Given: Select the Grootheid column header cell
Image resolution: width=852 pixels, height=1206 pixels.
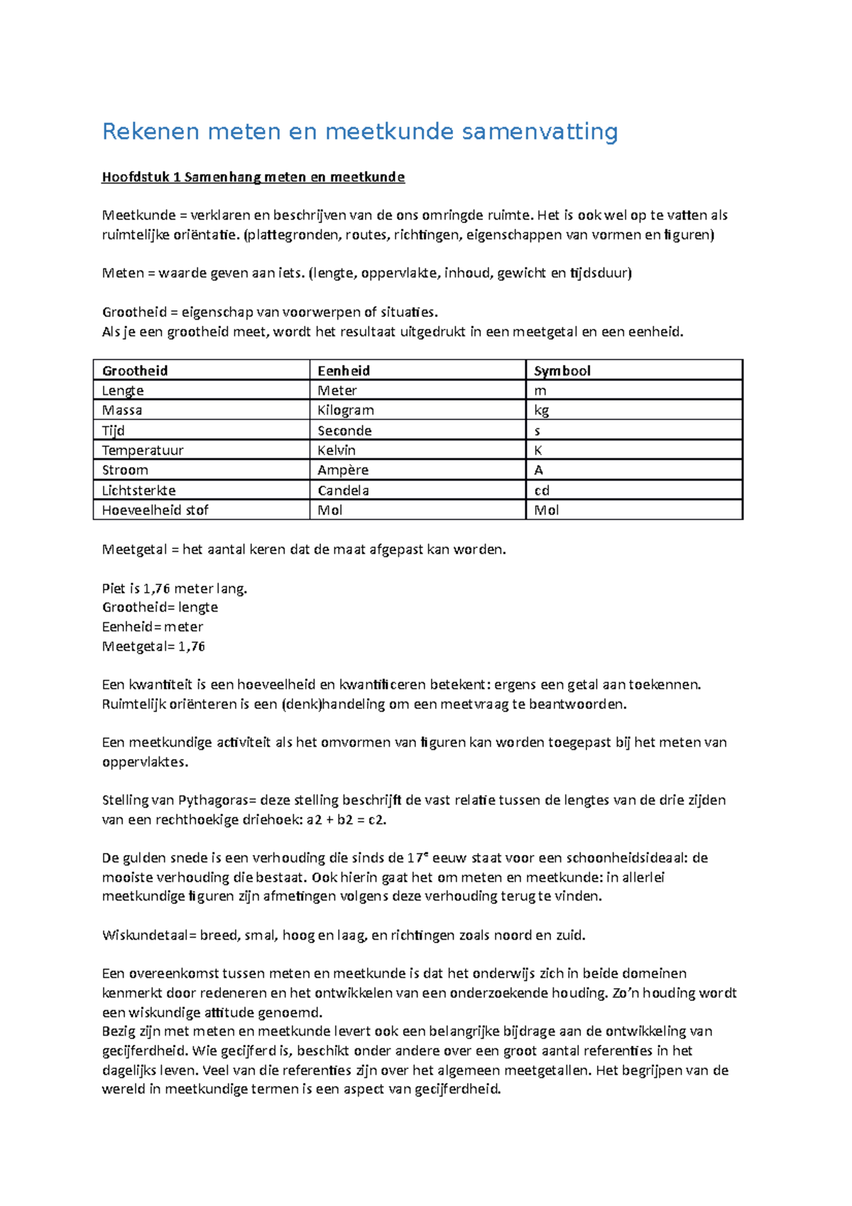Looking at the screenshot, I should (x=135, y=371).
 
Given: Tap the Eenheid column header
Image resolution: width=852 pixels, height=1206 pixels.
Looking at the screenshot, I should (x=344, y=371).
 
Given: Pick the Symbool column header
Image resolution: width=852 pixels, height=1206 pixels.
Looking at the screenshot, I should (x=562, y=371).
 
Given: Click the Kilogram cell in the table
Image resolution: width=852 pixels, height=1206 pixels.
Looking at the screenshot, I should (x=346, y=411).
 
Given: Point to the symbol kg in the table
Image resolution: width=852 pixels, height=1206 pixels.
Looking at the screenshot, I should (x=541, y=411).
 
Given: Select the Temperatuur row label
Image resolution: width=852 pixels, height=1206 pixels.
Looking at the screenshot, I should (x=143, y=450).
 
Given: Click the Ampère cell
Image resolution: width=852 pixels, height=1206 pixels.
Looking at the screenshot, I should (x=343, y=470).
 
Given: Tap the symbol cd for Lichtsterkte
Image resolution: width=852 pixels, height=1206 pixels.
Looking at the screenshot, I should (x=542, y=490).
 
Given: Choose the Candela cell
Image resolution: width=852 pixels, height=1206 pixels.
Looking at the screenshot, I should (x=343, y=490).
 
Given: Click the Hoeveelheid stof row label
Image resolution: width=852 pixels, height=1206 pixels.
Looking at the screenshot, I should (x=155, y=510).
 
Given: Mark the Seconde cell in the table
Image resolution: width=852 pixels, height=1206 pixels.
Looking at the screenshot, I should (x=344, y=430).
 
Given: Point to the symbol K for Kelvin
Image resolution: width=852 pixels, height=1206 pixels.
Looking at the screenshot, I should (x=538, y=450).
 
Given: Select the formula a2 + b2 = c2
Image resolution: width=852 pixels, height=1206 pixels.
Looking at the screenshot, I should (x=346, y=820).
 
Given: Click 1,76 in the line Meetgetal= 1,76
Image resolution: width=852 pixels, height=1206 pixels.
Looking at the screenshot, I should (x=192, y=646).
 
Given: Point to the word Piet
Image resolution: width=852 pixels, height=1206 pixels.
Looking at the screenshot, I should (x=113, y=589).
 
